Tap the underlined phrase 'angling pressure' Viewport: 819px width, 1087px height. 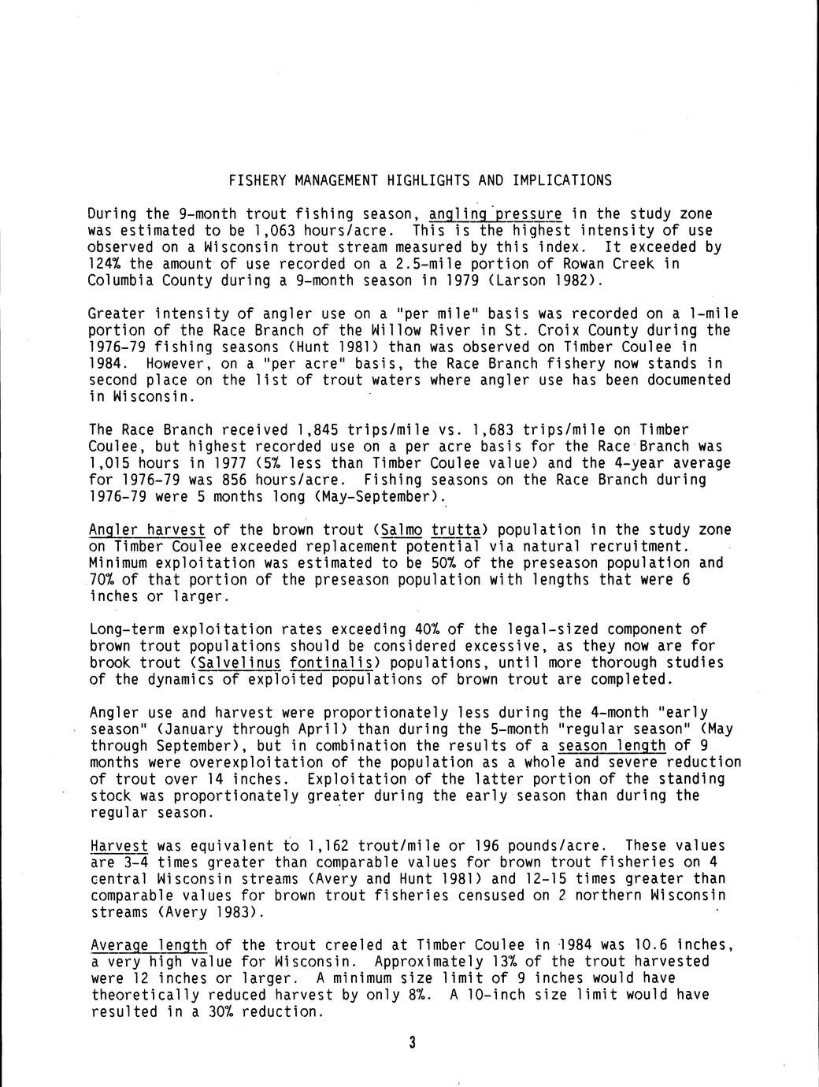[x=496, y=214]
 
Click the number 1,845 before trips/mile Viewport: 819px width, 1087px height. [x=313, y=430]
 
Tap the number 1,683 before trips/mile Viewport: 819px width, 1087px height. [x=491, y=430]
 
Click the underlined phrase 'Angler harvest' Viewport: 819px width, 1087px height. [x=147, y=530]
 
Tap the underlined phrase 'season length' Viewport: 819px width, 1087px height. [x=612, y=746]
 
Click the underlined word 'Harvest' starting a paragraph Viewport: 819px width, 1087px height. [x=119, y=846]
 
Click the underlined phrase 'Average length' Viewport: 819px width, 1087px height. [x=149, y=945]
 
